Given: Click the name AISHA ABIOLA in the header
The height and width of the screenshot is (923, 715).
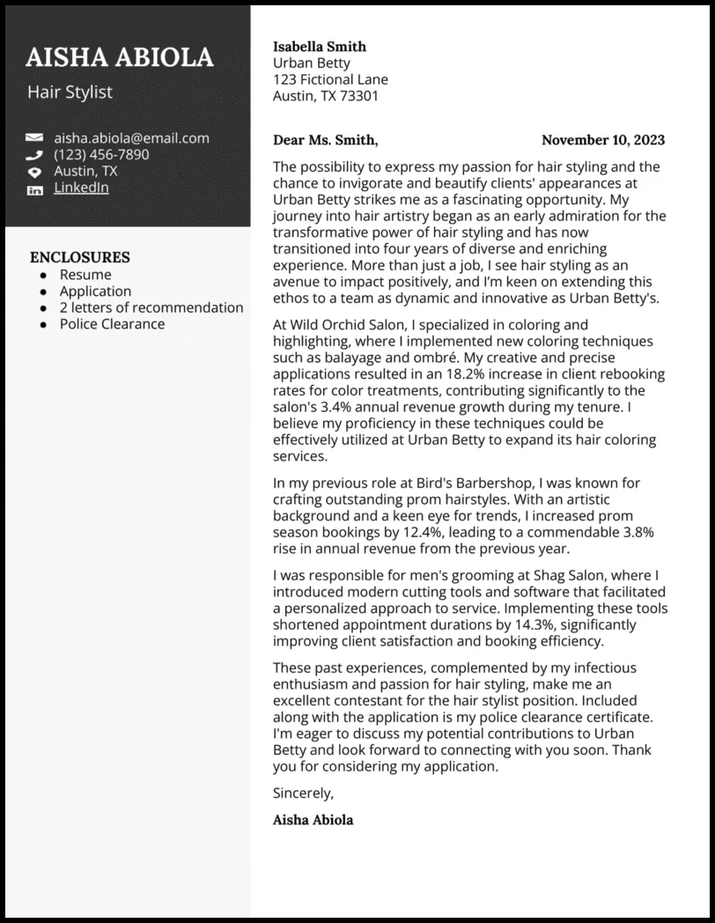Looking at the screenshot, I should point(120,57).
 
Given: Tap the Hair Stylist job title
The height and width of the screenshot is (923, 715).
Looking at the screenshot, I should point(70,92).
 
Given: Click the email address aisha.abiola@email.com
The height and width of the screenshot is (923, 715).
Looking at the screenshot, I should point(131,137).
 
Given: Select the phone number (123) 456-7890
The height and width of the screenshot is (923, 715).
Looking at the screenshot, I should point(101,154).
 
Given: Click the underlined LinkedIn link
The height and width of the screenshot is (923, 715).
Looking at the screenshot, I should point(81,188).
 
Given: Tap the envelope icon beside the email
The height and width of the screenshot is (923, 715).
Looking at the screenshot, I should point(34,138).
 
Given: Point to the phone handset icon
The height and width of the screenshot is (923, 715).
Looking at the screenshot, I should point(34,155).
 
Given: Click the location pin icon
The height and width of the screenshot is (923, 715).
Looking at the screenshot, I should point(34,172).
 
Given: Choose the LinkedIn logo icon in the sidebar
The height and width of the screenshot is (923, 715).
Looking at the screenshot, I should point(34,189).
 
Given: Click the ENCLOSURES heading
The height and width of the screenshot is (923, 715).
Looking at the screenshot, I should point(79,257).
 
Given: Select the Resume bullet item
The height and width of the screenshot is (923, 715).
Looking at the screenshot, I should point(85,275).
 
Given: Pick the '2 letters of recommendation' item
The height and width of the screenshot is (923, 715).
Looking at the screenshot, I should point(151,307).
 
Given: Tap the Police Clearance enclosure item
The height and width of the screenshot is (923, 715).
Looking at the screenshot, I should point(112,323).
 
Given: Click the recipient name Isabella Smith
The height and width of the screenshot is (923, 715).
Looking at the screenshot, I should point(320,47).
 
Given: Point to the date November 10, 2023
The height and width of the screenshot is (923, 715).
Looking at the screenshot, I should point(602,140).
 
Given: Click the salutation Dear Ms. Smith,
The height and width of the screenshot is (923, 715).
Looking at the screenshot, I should point(325,140).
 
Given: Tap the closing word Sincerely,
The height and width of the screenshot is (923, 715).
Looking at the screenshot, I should point(304,793).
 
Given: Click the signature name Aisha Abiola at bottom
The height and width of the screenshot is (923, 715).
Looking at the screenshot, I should point(313,820).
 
